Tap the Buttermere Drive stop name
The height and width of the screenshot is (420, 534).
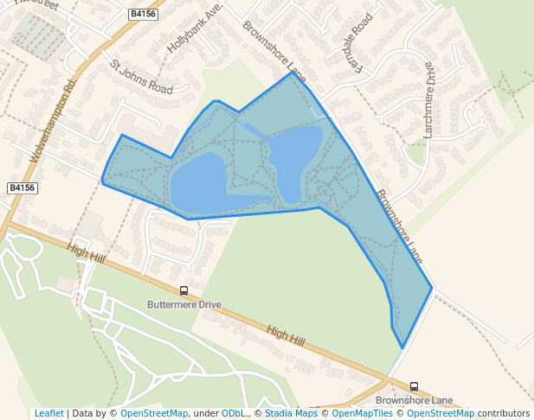point(184,305)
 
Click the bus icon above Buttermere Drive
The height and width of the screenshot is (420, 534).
point(183,291)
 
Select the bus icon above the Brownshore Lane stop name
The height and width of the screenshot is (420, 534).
point(414,386)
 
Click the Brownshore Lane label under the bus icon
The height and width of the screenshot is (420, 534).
point(414,401)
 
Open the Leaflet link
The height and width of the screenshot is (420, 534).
point(48,413)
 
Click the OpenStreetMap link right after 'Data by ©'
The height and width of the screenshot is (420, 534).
point(154,413)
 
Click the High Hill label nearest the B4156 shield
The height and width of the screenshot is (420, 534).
point(85,253)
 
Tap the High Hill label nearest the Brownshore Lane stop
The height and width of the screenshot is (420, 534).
point(286,336)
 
